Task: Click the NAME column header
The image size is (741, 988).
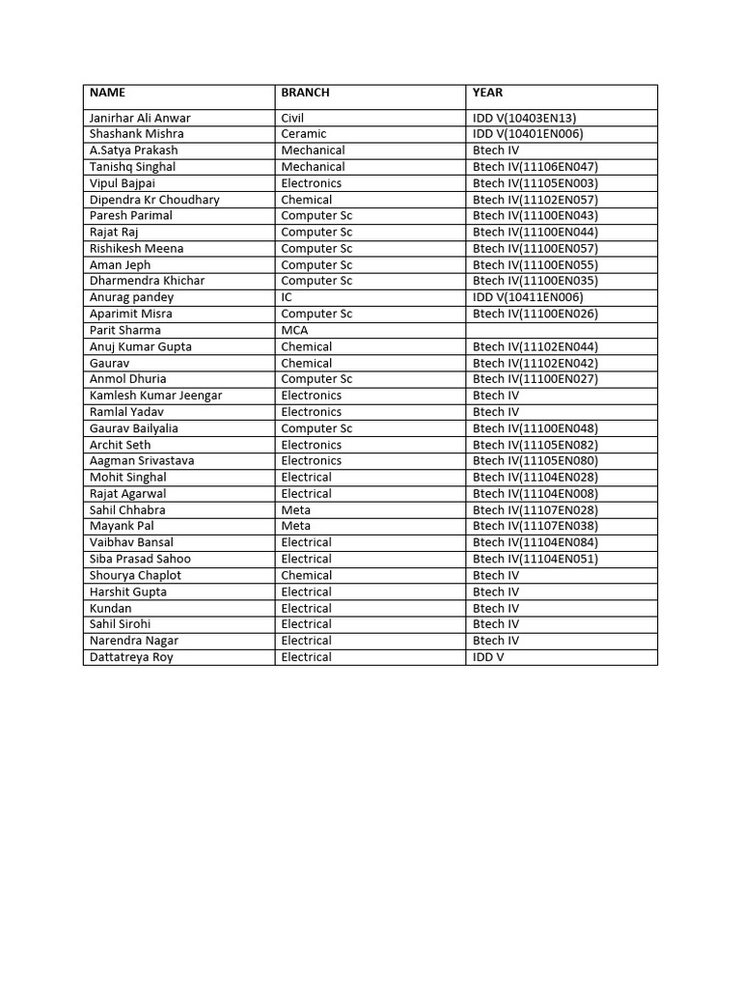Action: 107,93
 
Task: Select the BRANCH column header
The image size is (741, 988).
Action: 305,93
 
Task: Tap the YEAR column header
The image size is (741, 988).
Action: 487,93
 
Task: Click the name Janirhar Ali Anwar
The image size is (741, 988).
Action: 140,118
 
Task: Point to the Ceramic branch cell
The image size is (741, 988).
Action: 304,134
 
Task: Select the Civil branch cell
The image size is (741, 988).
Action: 292,118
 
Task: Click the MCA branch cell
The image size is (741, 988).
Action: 294,330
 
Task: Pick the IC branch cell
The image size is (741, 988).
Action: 287,297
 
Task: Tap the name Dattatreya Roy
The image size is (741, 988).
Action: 131,657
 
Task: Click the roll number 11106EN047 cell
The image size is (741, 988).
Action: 535,167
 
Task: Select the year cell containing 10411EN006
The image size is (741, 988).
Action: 528,297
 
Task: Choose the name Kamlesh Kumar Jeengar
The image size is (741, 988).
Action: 155,396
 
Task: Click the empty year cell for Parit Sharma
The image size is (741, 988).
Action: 561,330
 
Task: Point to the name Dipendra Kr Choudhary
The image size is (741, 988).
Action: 154,200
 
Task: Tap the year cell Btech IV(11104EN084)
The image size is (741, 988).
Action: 535,542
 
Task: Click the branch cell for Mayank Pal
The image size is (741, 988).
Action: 295,526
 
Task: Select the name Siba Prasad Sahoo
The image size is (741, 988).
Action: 140,559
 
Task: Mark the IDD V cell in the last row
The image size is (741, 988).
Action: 488,657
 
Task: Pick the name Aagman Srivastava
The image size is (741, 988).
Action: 142,460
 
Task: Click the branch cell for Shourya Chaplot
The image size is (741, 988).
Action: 306,575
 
